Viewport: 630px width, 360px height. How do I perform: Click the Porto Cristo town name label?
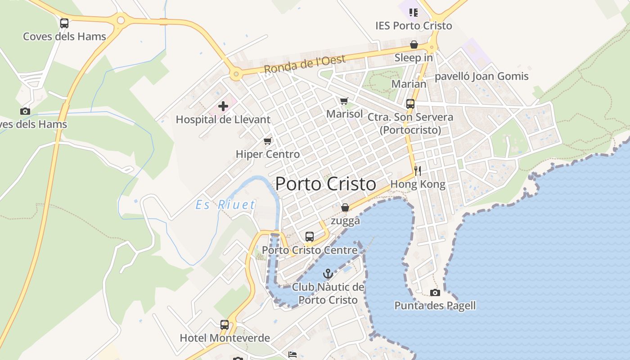(x=325, y=184)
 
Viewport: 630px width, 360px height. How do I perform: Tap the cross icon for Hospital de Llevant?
(x=223, y=107)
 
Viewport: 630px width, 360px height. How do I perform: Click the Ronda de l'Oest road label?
(x=305, y=64)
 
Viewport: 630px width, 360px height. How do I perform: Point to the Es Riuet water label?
(x=225, y=205)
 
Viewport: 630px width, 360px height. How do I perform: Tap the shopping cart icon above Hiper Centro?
(x=268, y=141)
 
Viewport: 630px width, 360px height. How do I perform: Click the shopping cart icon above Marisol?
(x=344, y=101)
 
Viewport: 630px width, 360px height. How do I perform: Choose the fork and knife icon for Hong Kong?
(x=418, y=171)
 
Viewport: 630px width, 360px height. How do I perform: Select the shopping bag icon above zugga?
(x=345, y=207)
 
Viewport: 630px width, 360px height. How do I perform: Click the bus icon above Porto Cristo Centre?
(x=310, y=237)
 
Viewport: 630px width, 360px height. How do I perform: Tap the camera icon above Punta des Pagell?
(x=435, y=293)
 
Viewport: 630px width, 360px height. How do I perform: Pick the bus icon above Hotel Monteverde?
(x=225, y=325)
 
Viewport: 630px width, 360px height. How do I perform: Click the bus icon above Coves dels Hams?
(x=64, y=23)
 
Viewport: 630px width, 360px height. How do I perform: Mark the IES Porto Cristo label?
(x=414, y=26)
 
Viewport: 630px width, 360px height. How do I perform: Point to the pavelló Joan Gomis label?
(x=481, y=76)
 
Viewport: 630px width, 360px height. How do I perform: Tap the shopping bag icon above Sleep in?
(x=414, y=45)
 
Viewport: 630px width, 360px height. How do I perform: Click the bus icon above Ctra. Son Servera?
(x=410, y=104)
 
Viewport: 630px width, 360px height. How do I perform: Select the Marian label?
(x=409, y=84)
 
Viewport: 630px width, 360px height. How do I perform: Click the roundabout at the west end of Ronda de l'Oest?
(x=235, y=75)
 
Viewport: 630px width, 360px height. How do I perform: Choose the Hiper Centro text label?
(x=268, y=154)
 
